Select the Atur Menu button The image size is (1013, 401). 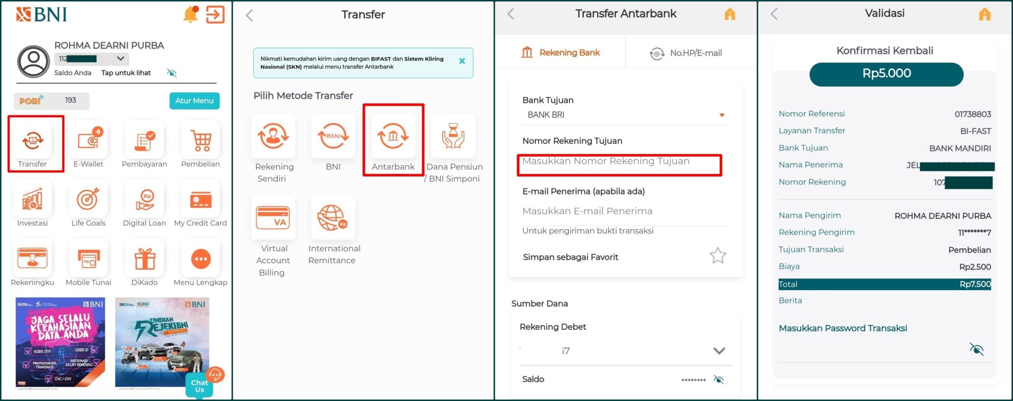[x=194, y=100]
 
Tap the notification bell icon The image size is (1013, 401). [x=190, y=15]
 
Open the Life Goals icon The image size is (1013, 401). [x=89, y=200]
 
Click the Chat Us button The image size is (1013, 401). [x=200, y=386]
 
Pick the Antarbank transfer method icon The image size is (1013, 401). [x=393, y=136]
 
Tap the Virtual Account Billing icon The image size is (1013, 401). [x=273, y=218]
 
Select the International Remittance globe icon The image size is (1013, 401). [x=332, y=218]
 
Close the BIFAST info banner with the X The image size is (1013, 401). [x=462, y=61]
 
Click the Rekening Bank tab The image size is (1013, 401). [x=560, y=52]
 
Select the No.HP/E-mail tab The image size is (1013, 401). [x=686, y=53]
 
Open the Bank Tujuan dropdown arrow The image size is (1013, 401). [x=722, y=115]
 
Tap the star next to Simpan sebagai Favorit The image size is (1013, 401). [x=718, y=256]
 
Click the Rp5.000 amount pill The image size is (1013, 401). [x=886, y=74]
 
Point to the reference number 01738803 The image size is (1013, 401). [x=972, y=114]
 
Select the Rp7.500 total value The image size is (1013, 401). [x=975, y=284]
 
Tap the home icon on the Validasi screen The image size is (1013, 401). [x=984, y=14]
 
